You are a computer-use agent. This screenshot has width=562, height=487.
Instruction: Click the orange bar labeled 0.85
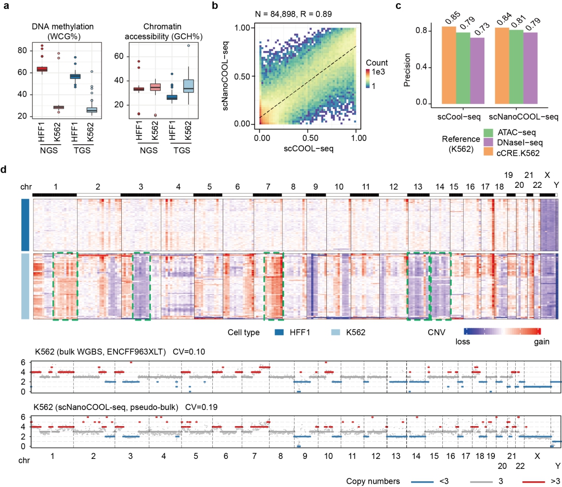(449, 65)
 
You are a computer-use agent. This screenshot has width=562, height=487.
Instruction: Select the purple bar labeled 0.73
(477, 71)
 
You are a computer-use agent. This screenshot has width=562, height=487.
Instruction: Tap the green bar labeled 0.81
(516, 67)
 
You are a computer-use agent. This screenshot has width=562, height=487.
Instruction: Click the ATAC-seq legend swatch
(488, 133)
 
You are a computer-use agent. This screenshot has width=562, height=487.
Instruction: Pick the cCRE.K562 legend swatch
(488, 152)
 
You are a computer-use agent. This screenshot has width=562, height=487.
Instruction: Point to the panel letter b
(215, 6)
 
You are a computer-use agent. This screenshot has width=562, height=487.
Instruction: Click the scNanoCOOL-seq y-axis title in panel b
(225, 75)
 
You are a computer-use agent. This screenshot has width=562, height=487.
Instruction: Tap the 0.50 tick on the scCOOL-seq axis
(310, 137)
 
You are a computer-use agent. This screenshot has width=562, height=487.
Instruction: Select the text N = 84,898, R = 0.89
(293, 14)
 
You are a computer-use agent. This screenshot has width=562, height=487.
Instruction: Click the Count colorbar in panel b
(368, 79)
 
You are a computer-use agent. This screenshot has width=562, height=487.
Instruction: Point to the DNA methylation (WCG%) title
(63, 32)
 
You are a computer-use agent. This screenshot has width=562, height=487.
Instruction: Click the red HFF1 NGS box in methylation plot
(42, 69)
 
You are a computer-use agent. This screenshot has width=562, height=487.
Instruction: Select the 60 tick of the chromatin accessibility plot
(119, 56)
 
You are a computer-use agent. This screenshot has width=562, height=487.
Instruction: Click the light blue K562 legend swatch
(336, 332)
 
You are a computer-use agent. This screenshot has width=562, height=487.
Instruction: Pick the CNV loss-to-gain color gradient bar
(502, 331)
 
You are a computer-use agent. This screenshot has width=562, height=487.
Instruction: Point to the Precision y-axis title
(407, 70)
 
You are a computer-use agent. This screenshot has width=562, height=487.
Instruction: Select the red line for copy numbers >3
(533, 482)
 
